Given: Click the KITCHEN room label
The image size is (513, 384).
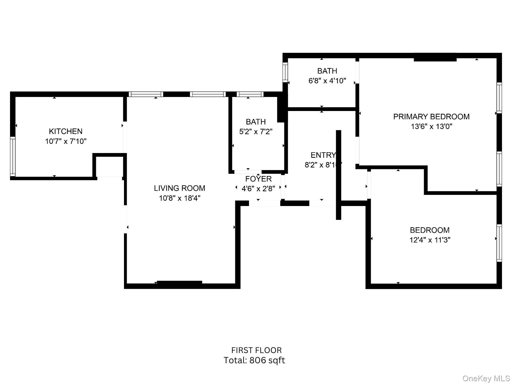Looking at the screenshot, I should click(x=65, y=131).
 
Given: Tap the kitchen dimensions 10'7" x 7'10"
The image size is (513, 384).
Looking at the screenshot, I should click(x=66, y=141).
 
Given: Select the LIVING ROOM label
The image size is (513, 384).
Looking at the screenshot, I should click(x=179, y=188).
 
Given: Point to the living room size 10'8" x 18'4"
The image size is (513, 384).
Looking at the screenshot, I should click(x=180, y=198).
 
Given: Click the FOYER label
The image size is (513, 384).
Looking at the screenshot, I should click(x=258, y=179).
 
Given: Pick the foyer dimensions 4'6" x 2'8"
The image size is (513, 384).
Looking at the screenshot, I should click(x=258, y=188).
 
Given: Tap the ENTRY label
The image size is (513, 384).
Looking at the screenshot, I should click(x=323, y=155).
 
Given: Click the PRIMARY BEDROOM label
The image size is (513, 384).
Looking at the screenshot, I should click(x=431, y=116).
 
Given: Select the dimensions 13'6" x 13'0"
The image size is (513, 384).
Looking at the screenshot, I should click(x=431, y=126).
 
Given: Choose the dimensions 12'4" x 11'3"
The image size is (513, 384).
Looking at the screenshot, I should click(x=430, y=240).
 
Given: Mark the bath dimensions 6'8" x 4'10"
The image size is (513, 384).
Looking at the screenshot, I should click(x=327, y=81).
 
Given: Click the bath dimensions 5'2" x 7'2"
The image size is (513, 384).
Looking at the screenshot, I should click(x=256, y=131).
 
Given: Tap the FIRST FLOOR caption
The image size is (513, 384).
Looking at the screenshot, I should click(x=256, y=350).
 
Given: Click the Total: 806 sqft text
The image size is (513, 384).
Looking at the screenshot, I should click(x=254, y=360).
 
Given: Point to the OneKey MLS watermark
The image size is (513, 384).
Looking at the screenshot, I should click(x=486, y=378).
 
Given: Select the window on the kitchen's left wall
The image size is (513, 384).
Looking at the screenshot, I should click(x=13, y=156).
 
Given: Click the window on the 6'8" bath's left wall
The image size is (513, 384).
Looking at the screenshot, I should click(x=285, y=72).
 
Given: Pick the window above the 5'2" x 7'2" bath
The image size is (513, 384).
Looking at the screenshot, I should click(x=250, y=94).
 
